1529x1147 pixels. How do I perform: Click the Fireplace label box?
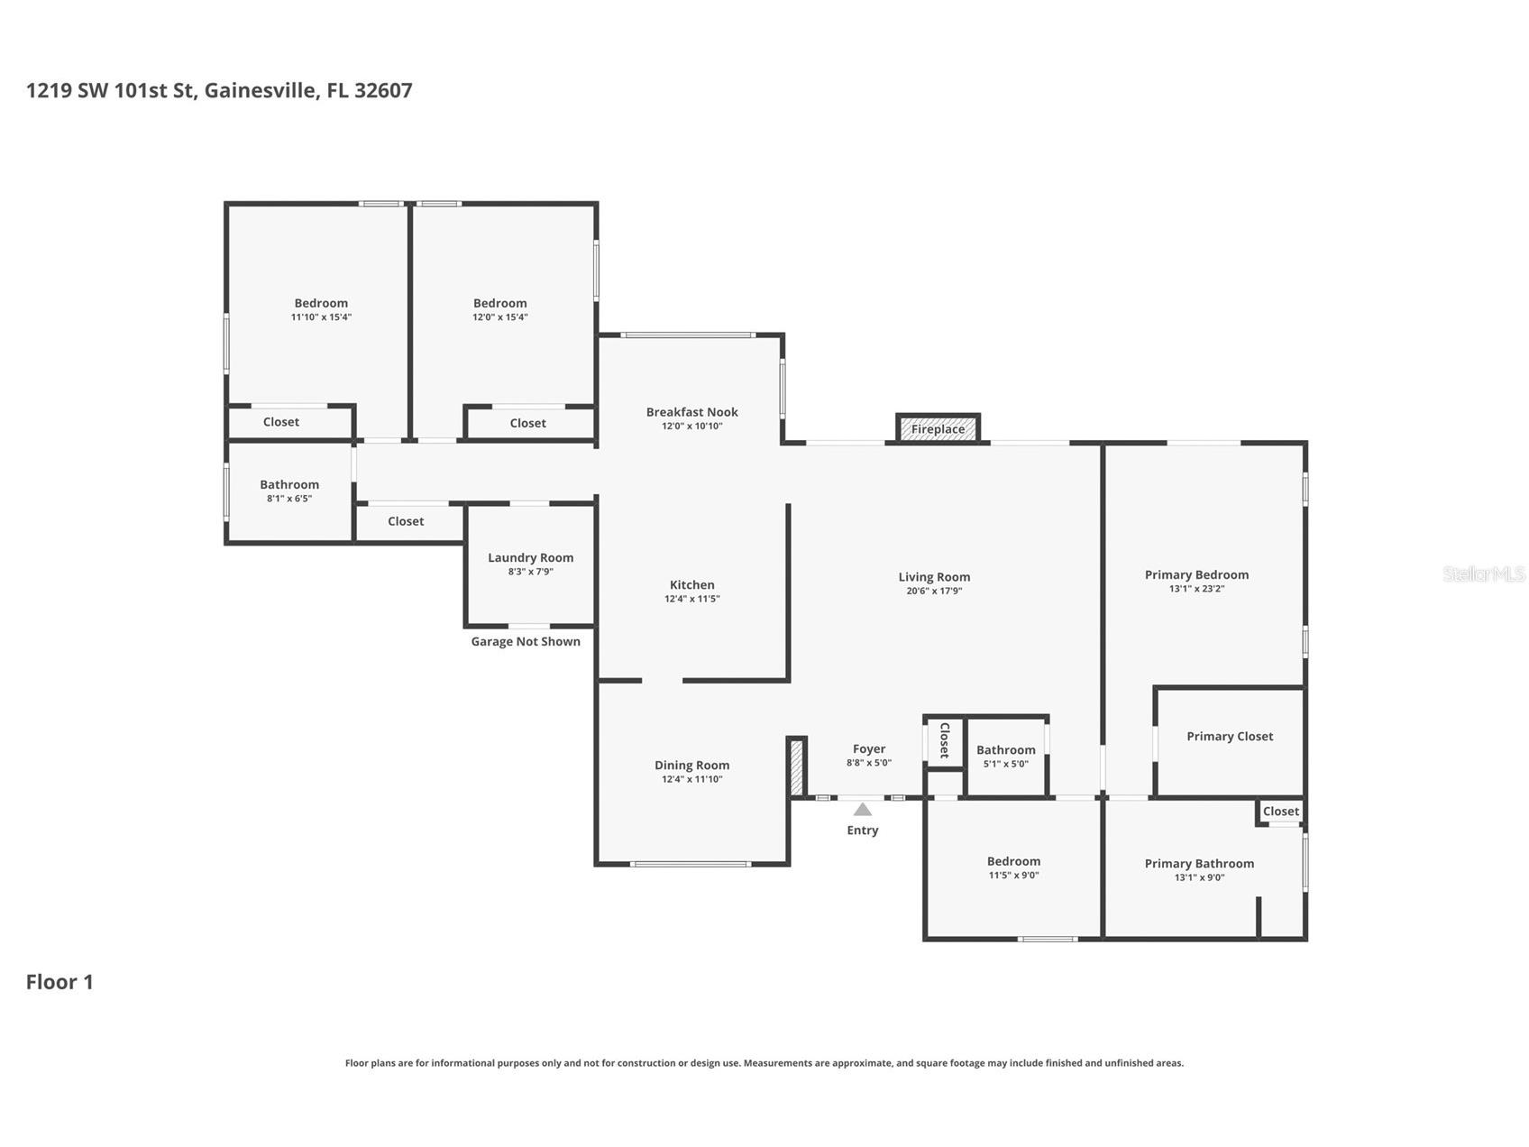(x=938, y=428)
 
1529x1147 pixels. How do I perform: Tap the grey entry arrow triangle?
(x=863, y=809)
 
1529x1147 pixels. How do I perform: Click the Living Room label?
(x=934, y=577)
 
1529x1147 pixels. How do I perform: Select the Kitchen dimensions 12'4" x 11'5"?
(x=692, y=599)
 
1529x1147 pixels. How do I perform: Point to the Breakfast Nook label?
(x=692, y=412)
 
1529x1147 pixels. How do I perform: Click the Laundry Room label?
(x=531, y=557)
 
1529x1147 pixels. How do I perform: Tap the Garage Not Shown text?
(x=526, y=641)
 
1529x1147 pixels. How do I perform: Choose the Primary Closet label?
(x=1230, y=736)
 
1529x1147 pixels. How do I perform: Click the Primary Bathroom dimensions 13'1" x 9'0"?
(x=1199, y=877)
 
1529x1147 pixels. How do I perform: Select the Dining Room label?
(x=692, y=766)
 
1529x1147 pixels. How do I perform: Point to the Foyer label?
(x=869, y=748)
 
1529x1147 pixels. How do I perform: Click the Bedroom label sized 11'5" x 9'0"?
(x=1013, y=861)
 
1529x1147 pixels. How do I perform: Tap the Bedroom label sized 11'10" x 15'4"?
(x=321, y=303)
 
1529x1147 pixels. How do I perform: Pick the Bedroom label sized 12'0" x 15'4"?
(x=500, y=303)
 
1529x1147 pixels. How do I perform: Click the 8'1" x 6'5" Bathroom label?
(x=289, y=484)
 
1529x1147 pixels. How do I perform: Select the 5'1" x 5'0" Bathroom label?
(x=1006, y=749)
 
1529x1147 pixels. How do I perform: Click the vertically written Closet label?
(x=945, y=740)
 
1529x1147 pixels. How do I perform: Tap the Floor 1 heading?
(x=60, y=982)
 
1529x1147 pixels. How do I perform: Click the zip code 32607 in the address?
(x=383, y=90)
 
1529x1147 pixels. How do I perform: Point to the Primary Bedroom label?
(x=1196, y=574)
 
